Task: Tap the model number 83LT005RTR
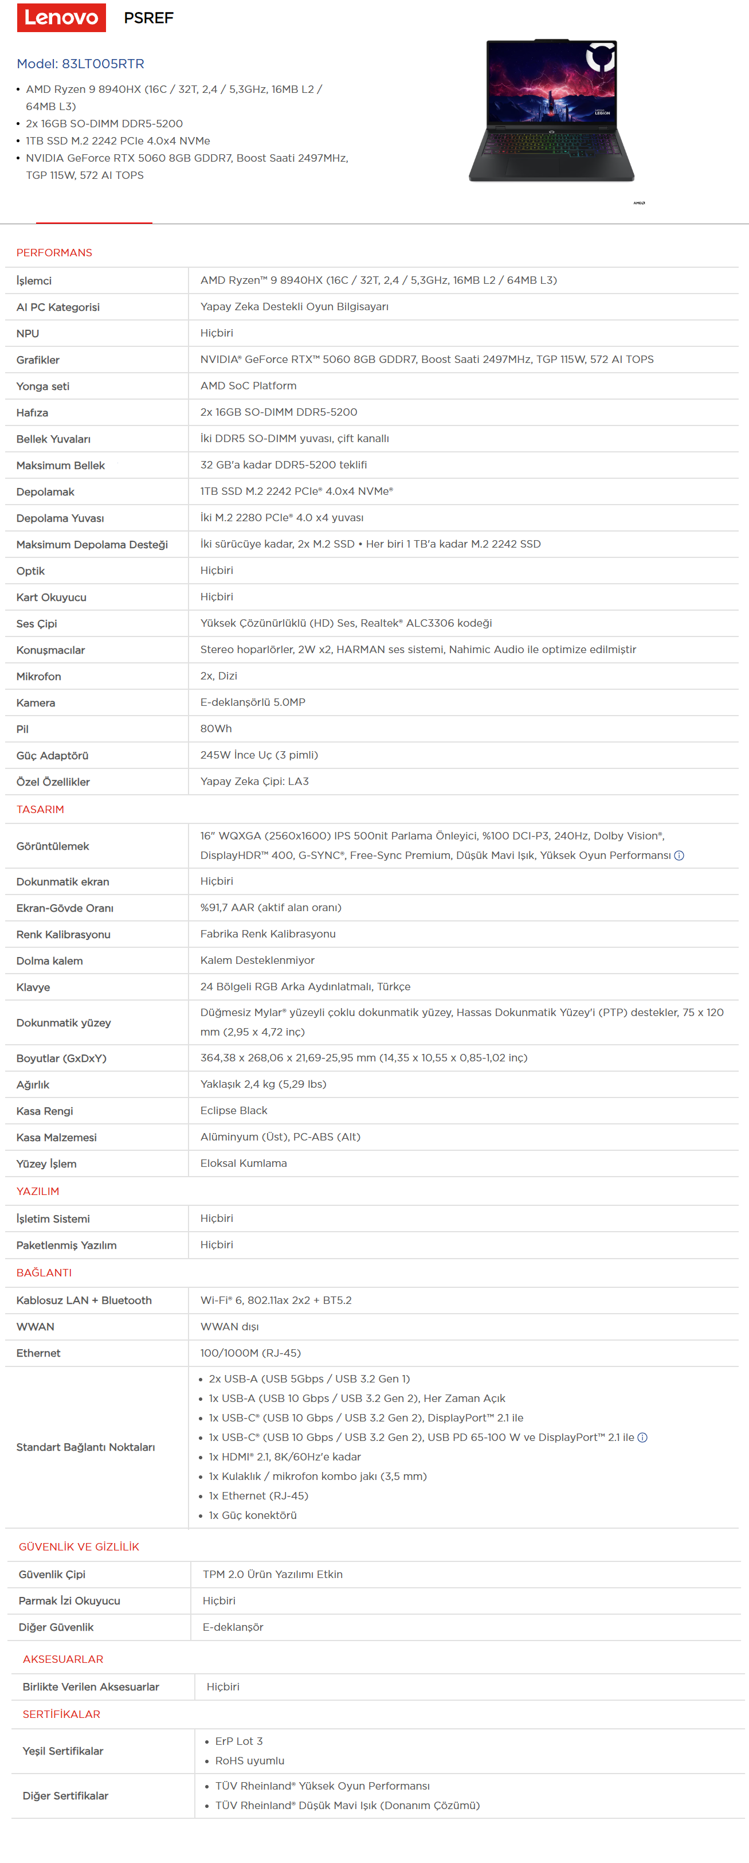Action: (103, 64)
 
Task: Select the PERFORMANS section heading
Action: (54, 252)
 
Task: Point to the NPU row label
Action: (28, 333)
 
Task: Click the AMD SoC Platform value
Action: (248, 385)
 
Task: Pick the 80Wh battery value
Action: (215, 728)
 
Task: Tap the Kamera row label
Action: (36, 702)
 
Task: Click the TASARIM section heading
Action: (41, 809)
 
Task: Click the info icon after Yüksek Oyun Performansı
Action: (679, 856)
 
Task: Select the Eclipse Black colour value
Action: (233, 1110)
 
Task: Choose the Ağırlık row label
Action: (33, 1084)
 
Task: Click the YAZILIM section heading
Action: (38, 1191)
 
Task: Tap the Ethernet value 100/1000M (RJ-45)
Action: (250, 1353)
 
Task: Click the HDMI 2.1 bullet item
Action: (284, 1456)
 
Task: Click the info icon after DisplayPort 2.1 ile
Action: (642, 1437)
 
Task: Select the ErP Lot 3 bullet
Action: (238, 1741)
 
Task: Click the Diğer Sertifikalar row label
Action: (65, 1796)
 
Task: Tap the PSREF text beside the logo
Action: (149, 18)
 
